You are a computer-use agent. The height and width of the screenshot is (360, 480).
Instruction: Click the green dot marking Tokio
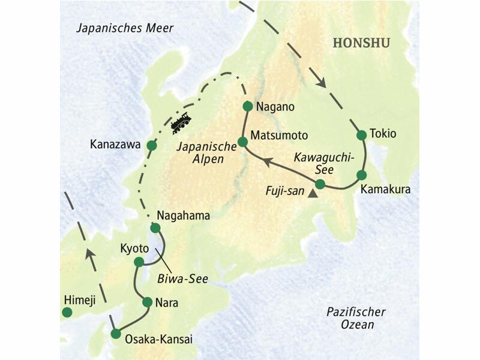point(361,135)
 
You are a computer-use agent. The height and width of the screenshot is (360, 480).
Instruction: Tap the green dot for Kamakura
point(361,175)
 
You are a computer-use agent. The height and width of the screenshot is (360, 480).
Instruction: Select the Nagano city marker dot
point(247,106)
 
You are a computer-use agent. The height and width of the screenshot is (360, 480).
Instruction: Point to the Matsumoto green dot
point(242,142)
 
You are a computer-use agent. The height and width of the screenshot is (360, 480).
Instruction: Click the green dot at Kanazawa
point(152,145)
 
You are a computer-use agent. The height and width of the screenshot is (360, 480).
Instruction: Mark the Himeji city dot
point(67,312)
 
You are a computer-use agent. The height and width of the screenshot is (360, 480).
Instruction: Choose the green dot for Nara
point(147,302)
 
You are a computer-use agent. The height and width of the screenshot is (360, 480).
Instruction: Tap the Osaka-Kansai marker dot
point(116,334)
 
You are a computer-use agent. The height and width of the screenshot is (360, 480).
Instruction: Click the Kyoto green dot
point(139,262)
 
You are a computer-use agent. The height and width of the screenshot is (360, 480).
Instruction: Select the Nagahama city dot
point(155,228)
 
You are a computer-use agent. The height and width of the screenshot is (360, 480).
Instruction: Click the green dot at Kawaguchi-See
point(320,184)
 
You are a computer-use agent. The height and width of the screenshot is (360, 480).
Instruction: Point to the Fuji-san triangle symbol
point(311,194)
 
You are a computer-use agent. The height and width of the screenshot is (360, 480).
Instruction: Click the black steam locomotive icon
point(181,122)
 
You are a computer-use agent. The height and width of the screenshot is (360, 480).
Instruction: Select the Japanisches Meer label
point(125,28)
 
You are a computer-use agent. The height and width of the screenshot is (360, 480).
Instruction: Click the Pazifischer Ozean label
point(356,319)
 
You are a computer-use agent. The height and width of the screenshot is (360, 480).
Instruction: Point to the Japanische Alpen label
point(201,153)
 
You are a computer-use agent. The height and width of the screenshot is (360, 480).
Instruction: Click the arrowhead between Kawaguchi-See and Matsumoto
point(270,162)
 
